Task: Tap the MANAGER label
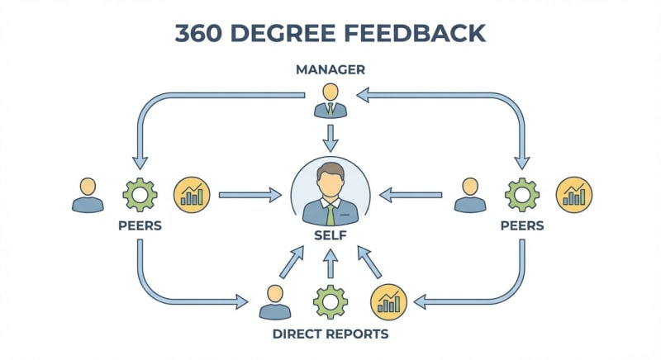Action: (x=330, y=69)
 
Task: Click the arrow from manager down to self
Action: (x=330, y=137)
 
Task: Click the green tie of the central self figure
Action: (x=330, y=213)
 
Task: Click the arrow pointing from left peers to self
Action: (x=250, y=195)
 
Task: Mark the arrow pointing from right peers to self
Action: (x=411, y=195)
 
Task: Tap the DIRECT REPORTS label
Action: (x=330, y=334)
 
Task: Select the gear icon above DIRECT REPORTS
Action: (x=330, y=301)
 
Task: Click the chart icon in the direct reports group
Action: (x=388, y=301)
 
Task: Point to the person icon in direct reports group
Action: (x=275, y=303)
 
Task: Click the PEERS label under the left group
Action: (x=140, y=225)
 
